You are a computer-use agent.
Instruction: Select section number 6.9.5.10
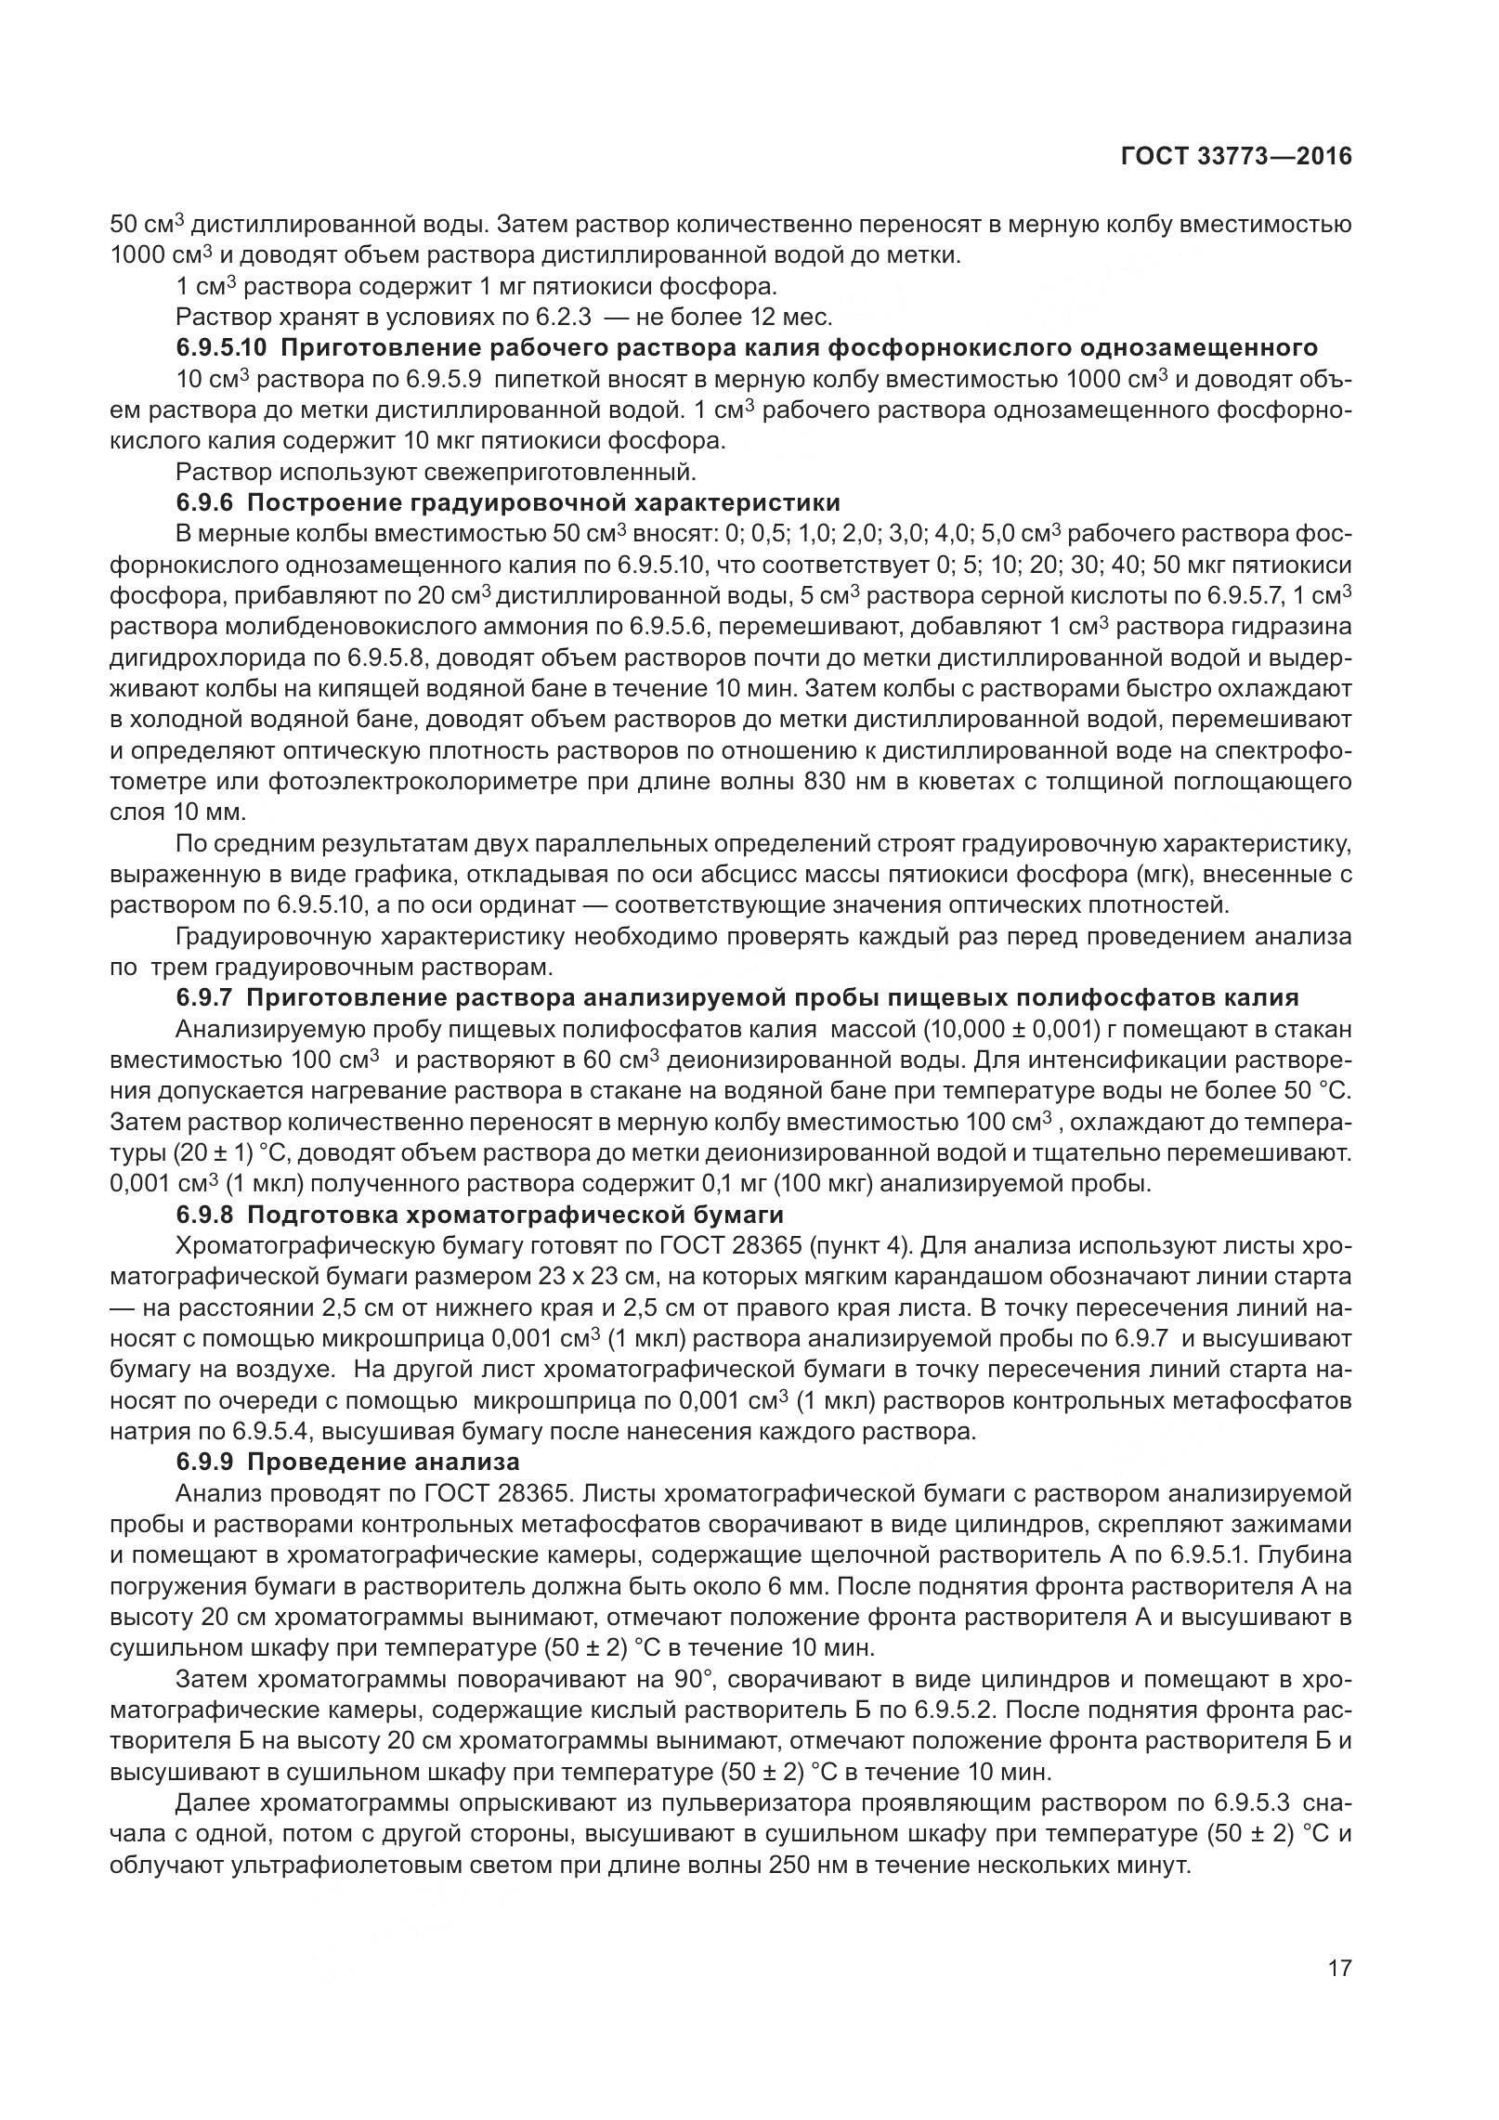[x=222, y=348]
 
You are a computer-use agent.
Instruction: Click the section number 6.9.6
[x=205, y=502]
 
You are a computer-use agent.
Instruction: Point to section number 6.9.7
[x=205, y=998]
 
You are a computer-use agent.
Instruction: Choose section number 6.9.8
[x=205, y=1215]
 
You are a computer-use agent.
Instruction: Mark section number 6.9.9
[x=205, y=1463]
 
